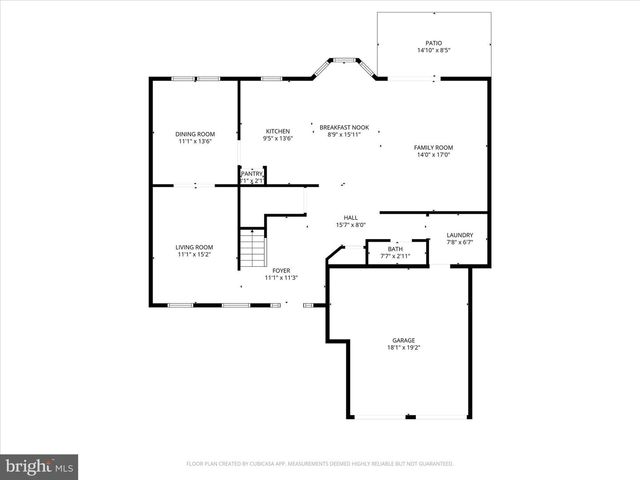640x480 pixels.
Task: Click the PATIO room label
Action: [x=433, y=43]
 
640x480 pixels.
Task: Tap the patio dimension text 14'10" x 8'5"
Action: [x=433, y=50]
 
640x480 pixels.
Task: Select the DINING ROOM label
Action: [x=195, y=134]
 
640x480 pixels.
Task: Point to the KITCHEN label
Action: [x=277, y=132]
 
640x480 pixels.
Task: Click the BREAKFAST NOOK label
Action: [x=344, y=127]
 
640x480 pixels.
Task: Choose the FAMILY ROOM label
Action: [x=433, y=148]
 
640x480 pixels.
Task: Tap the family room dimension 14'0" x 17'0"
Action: [x=433, y=155]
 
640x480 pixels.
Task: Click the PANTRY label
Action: [x=251, y=174]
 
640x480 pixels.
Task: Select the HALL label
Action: [x=351, y=218]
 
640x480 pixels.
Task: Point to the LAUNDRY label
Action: [x=460, y=236]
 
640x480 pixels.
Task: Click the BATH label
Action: [x=395, y=249]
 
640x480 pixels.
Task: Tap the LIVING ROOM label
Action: [x=195, y=247]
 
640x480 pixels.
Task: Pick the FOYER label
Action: [x=283, y=270]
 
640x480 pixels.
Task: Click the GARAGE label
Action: [x=403, y=340]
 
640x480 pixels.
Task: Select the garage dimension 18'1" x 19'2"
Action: [x=403, y=347]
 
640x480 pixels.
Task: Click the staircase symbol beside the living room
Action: [x=253, y=245]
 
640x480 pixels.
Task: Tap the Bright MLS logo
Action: [x=39, y=466]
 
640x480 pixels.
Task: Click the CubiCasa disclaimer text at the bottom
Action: [x=320, y=464]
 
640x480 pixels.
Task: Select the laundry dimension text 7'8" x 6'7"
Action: [x=460, y=243]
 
